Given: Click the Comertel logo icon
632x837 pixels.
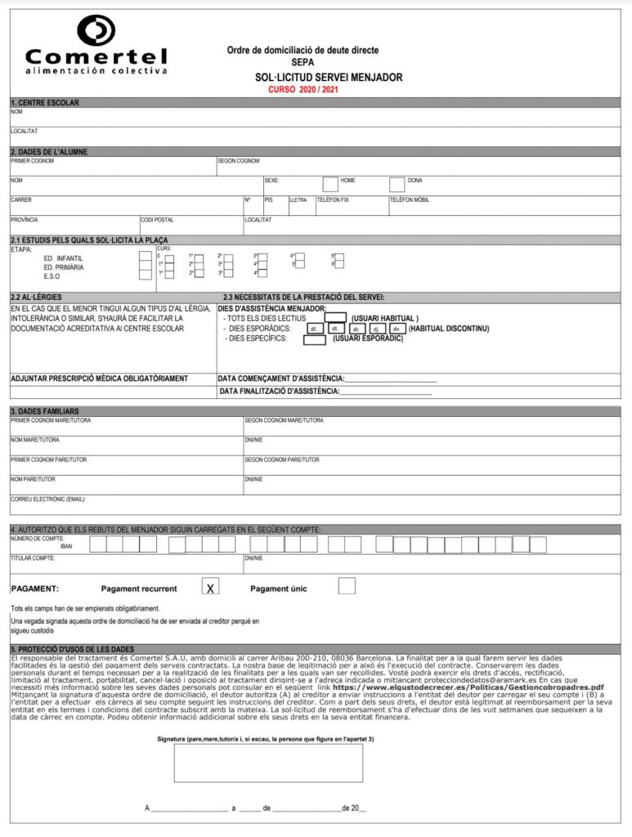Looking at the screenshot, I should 96,29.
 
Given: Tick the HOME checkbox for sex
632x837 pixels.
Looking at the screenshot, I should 330,184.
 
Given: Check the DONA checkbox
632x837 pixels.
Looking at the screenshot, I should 397,184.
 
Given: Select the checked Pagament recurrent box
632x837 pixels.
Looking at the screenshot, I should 210,586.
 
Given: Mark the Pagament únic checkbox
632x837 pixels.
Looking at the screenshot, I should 347,585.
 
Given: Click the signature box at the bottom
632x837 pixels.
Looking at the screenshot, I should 268,763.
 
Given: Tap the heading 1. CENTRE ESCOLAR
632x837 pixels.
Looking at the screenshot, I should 45,103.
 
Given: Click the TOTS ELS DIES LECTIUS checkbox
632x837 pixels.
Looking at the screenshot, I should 336,317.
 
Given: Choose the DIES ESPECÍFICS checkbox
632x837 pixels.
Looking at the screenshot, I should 314,339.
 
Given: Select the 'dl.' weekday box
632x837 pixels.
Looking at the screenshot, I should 312,329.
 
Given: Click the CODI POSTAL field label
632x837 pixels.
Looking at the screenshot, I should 158,220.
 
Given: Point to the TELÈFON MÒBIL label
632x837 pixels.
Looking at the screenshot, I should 410,199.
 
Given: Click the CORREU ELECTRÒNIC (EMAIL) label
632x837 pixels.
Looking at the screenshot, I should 48,499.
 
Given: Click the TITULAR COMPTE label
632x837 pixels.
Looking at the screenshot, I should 33,557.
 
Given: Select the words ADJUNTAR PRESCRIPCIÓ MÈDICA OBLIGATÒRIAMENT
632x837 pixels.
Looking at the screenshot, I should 99,378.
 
